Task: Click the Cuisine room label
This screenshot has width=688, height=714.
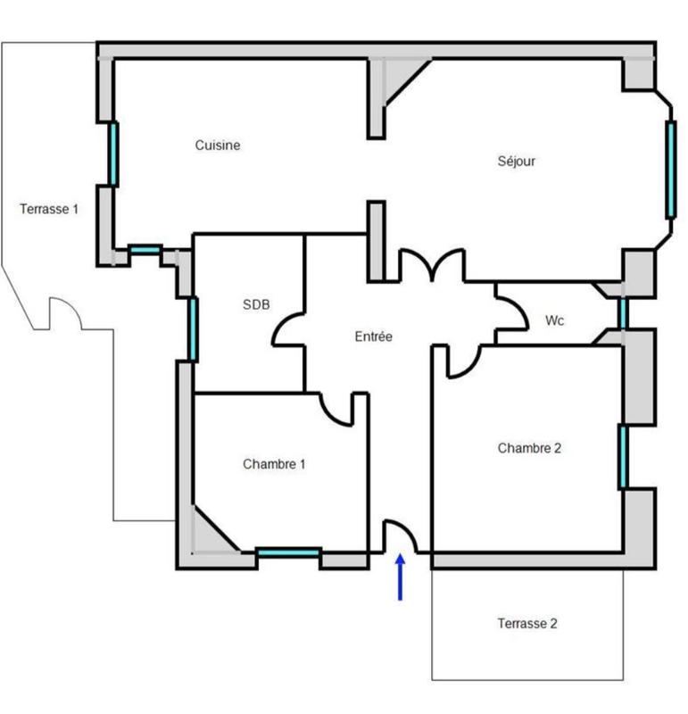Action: [x=218, y=145]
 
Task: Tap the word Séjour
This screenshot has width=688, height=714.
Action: [x=516, y=162]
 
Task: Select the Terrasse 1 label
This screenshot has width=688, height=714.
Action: [x=49, y=209]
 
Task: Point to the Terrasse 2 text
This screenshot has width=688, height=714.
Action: [x=527, y=623]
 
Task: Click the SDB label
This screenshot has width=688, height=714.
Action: [x=255, y=304]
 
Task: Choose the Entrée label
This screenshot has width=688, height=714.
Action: [x=373, y=336]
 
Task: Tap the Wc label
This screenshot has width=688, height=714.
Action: [x=554, y=320]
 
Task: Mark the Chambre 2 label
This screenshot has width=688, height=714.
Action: [x=529, y=448]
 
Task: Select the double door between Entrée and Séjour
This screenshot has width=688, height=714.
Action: [x=431, y=264]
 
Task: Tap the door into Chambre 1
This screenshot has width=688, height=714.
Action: [x=339, y=410]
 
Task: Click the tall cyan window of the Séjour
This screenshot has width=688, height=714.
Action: [x=670, y=170]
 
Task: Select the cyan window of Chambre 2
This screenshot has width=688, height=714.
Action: [x=623, y=456]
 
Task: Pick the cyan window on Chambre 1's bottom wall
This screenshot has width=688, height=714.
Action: [x=288, y=553]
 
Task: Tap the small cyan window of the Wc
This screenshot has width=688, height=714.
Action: [x=623, y=312]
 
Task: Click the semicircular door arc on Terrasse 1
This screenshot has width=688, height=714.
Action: [x=64, y=312]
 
